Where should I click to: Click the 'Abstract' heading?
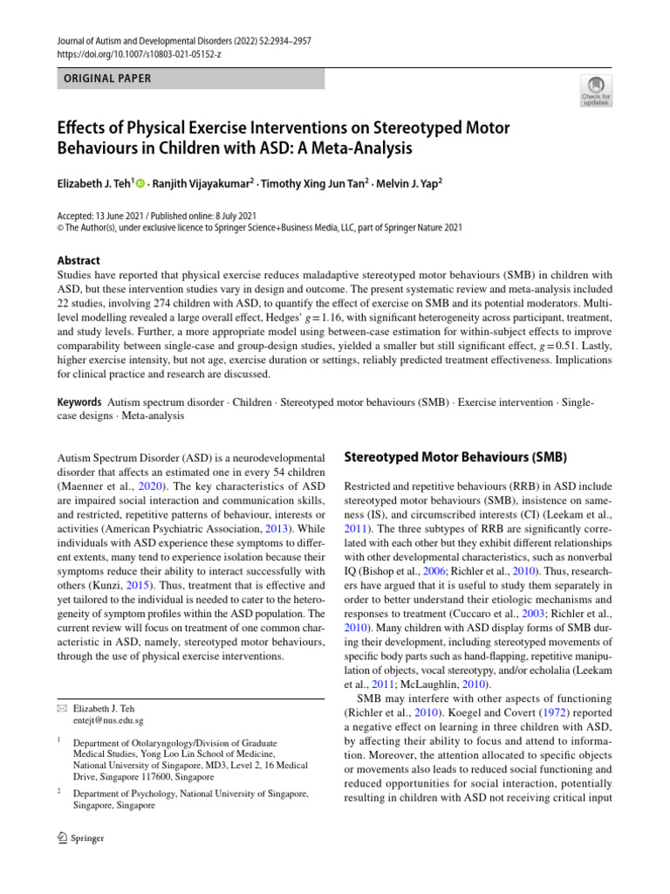coord(78,260)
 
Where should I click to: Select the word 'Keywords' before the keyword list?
coord(79,402)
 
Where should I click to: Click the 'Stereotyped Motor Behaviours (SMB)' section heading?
coord(456,457)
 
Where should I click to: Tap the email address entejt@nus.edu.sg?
coord(109,721)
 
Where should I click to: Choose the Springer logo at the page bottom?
coord(80,838)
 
